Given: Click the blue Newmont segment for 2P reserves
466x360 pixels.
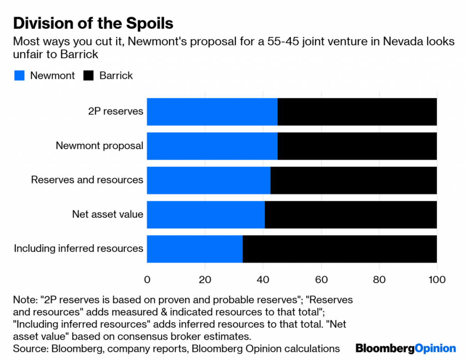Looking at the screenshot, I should click(212, 112).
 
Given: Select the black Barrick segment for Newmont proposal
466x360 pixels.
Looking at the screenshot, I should click(357, 146).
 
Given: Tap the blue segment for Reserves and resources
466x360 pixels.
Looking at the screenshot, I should click(208, 180).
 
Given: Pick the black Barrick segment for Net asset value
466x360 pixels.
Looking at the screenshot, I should click(350, 214).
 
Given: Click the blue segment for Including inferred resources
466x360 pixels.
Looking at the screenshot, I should click(194, 249).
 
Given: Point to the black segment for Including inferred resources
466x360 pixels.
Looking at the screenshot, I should click(339, 249).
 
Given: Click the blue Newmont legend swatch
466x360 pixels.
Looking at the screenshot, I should click(19, 76).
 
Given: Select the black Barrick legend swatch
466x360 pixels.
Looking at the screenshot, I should click(89, 76).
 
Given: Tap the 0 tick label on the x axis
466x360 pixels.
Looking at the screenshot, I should click(147, 279).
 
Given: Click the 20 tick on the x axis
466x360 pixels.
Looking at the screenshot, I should click(205, 279).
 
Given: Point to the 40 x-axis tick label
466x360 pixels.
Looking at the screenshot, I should click(263, 279).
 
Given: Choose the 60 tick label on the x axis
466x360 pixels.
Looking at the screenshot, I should click(321, 279).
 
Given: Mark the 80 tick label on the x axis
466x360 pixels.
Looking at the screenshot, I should click(379, 279).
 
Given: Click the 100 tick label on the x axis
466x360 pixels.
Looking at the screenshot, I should click(437, 279).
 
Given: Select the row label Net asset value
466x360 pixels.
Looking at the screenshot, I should click(107, 214).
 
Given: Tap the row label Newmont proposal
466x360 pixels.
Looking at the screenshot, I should click(99, 146).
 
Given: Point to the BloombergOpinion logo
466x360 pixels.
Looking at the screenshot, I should click(405, 349).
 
